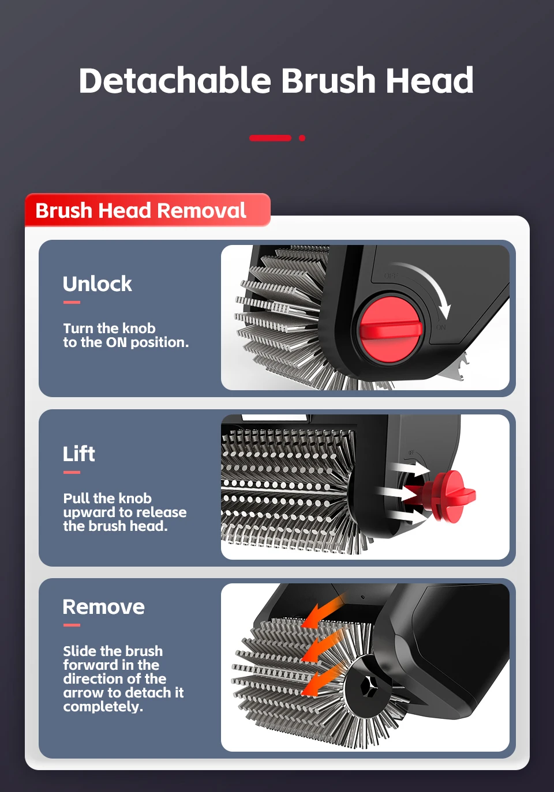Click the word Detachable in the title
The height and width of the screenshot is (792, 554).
pos(174,80)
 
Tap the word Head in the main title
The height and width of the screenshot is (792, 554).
pos(430,80)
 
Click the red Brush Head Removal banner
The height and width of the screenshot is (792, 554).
pos(148,210)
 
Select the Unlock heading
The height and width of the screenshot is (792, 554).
pos(98,284)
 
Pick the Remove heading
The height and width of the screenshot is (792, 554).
pos(104,607)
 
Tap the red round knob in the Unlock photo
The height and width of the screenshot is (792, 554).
pos(391,329)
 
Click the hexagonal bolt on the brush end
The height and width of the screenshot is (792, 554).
pos(370,687)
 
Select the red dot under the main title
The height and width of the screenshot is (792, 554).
pos(302,138)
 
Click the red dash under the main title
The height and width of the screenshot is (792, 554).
pos(270,138)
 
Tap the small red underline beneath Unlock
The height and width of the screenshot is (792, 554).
pos(72,302)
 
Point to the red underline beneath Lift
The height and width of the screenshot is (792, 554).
pos(72,472)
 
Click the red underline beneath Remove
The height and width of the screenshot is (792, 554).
pos(72,625)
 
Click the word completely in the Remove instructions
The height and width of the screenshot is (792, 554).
pos(103,707)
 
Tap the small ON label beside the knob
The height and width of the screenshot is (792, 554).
pos(441,327)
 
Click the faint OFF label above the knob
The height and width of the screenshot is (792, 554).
pos(391,276)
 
